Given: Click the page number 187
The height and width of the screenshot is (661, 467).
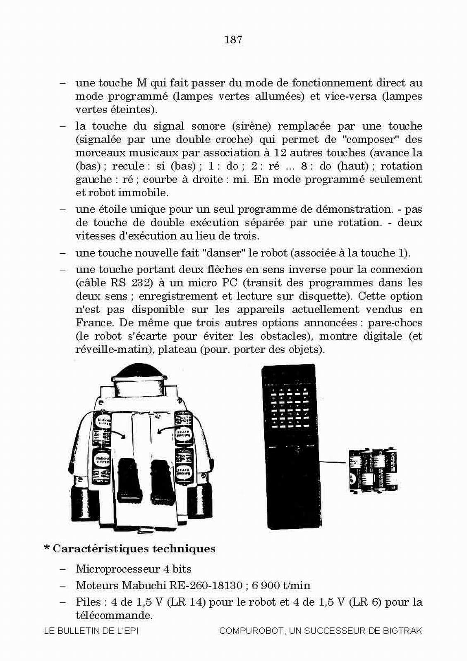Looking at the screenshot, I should click(x=233, y=40).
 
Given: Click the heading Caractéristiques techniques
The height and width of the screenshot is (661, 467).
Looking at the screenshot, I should click(x=134, y=549).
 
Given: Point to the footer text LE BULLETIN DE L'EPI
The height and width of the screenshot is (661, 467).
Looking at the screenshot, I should click(x=91, y=631).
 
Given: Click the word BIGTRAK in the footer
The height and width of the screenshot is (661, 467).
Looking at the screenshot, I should click(x=402, y=631).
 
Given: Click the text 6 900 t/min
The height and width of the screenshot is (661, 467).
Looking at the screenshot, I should click(x=280, y=585).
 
